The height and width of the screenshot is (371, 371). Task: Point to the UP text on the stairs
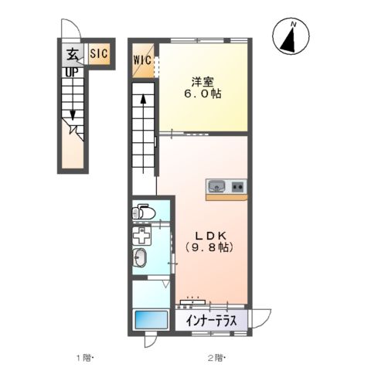coord(70,71)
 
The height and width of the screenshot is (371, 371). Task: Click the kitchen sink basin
coord(217,185)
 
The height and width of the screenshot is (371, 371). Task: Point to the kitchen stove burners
coord(237,185)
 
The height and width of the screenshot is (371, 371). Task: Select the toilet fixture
coord(143,212)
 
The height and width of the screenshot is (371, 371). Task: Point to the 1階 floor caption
coord(83,357)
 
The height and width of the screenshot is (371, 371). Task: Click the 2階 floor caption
coord(214,357)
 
